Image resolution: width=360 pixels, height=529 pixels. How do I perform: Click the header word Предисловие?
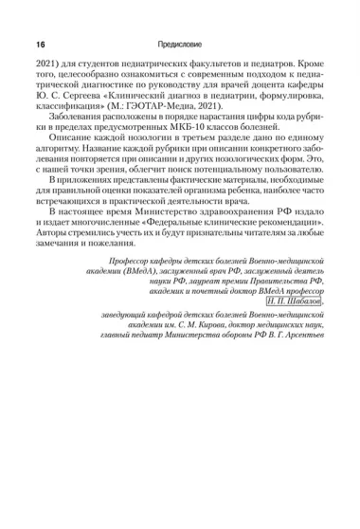180,45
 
